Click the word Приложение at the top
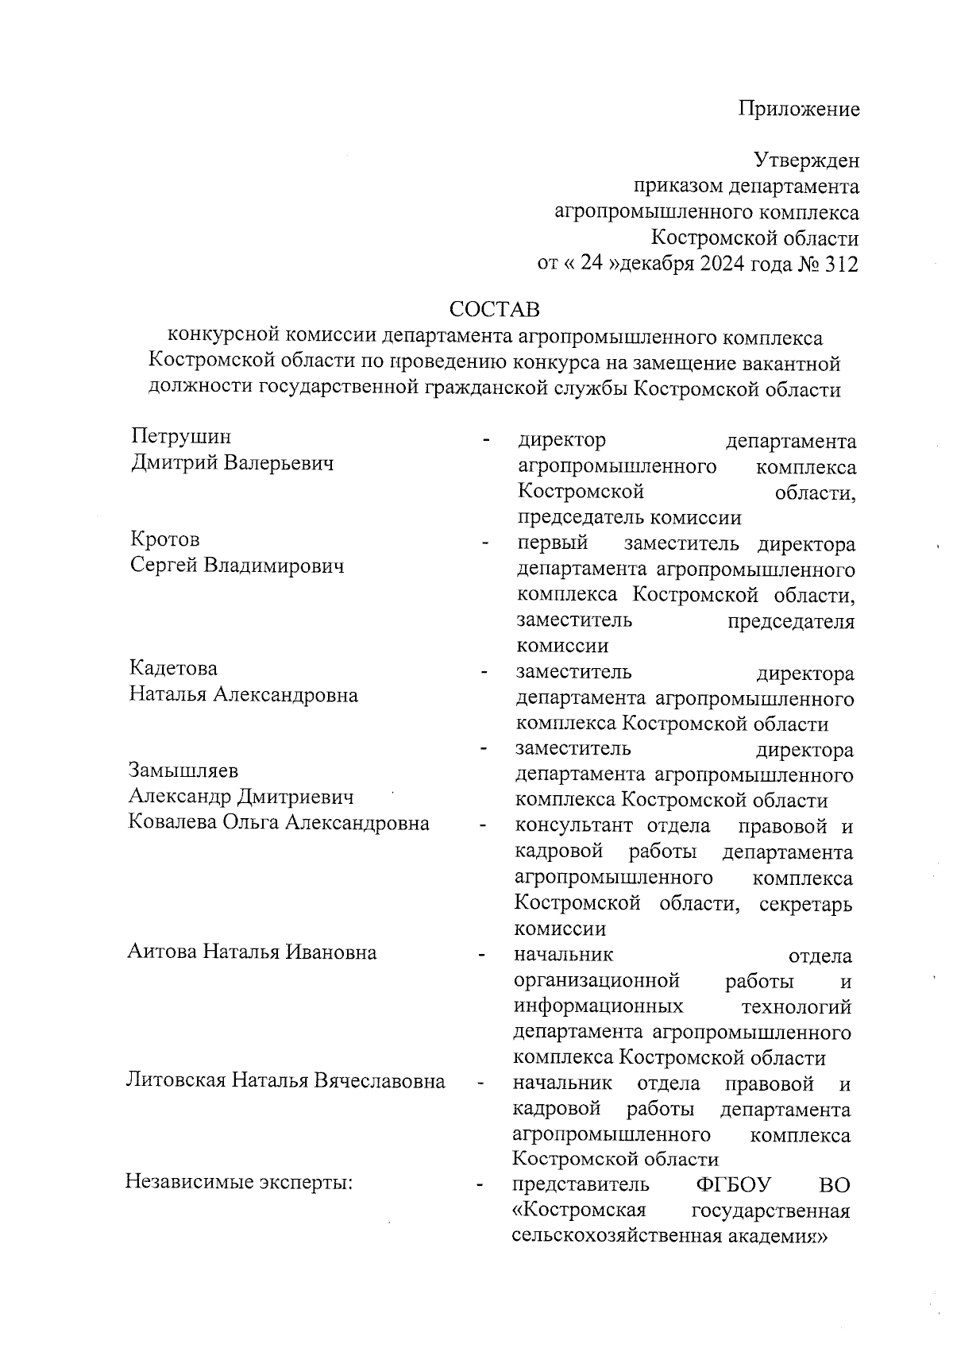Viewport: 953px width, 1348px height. click(x=799, y=109)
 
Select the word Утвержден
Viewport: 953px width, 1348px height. click(x=806, y=161)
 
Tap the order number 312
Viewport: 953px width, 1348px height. click(x=842, y=265)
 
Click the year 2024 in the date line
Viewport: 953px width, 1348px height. click(x=723, y=265)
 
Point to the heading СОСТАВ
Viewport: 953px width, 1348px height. click(x=495, y=308)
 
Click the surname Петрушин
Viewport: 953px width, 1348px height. click(x=182, y=436)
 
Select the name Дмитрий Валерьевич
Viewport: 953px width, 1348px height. click(x=232, y=462)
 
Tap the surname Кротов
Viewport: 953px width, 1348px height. click(x=165, y=539)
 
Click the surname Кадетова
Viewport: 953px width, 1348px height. click(x=173, y=668)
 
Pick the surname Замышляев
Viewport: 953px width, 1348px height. click(x=183, y=770)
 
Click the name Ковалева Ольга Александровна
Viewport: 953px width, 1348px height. click(x=279, y=822)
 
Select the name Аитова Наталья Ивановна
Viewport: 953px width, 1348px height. click(x=252, y=951)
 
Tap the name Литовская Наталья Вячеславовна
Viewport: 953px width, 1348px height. click(x=286, y=1080)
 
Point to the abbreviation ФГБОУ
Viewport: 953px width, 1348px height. click(x=733, y=1185)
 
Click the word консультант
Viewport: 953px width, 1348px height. click(x=574, y=826)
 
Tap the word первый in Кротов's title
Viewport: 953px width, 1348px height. click(x=553, y=543)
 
